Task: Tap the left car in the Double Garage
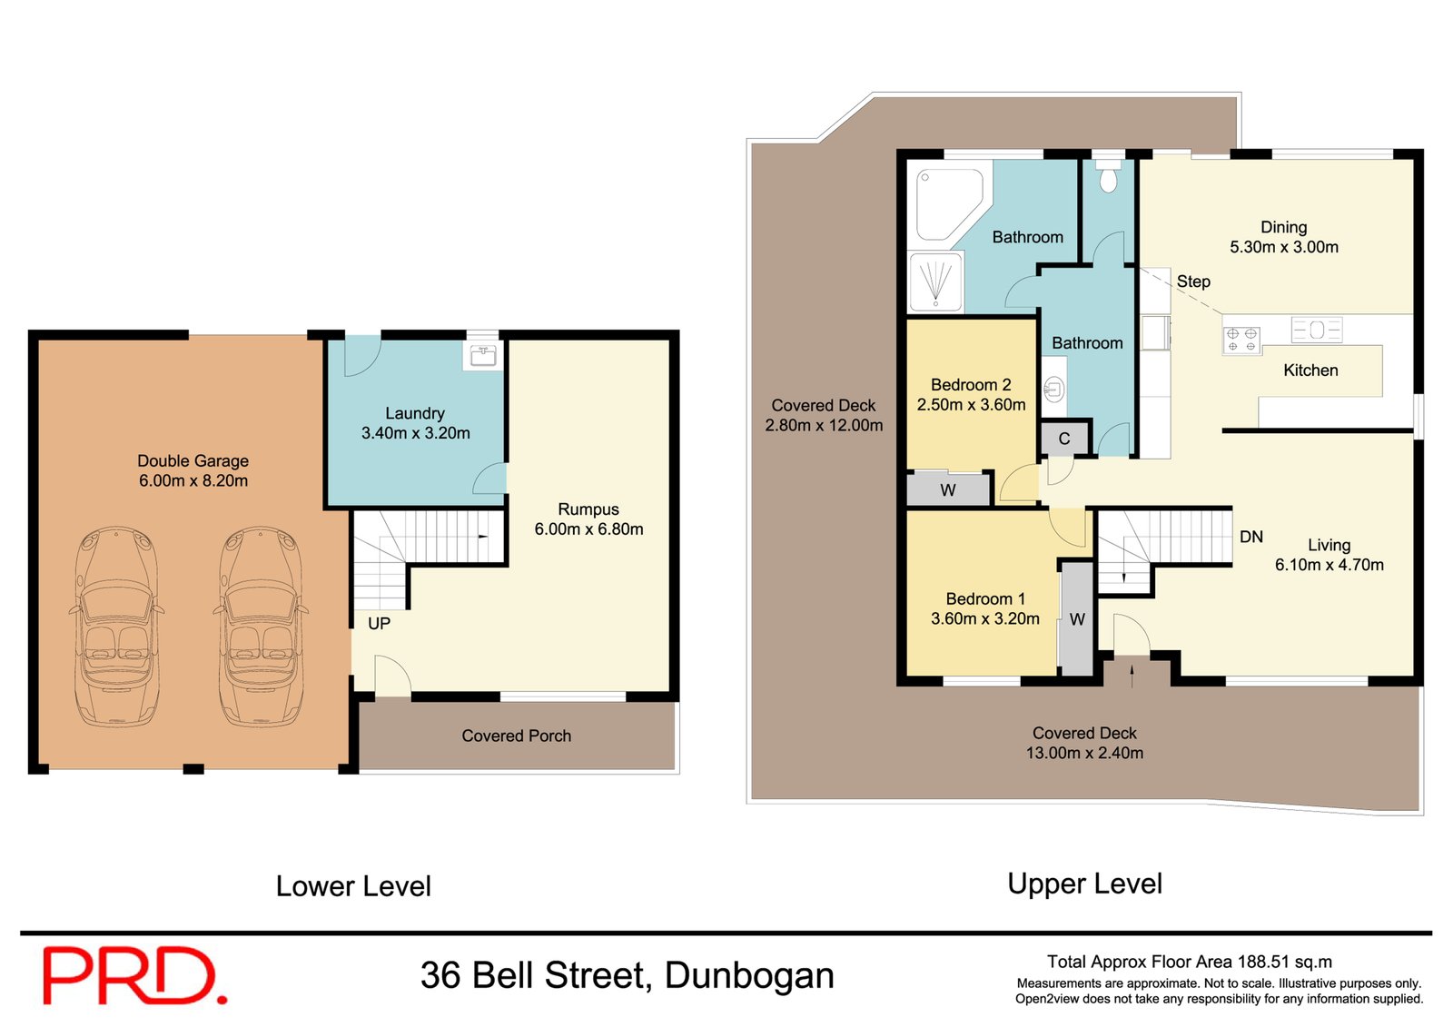tap(115, 627)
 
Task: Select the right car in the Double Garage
tap(261, 627)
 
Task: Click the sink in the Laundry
tap(482, 354)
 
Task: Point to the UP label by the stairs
tap(379, 624)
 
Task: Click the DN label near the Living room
tap(1250, 537)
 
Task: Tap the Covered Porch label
tap(516, 736)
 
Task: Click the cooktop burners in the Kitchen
tap(1241, 340)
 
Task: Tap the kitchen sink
tap(1317, 329)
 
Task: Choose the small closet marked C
tap(1064, 439)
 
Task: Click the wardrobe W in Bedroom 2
tap(948, 489)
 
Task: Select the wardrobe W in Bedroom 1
tap(1077, 619)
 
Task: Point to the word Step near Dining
tap(1193, 281)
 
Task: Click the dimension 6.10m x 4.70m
tap(1329, 565)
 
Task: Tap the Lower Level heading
tap(353, 886)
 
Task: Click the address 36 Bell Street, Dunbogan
tap(627, 975)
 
